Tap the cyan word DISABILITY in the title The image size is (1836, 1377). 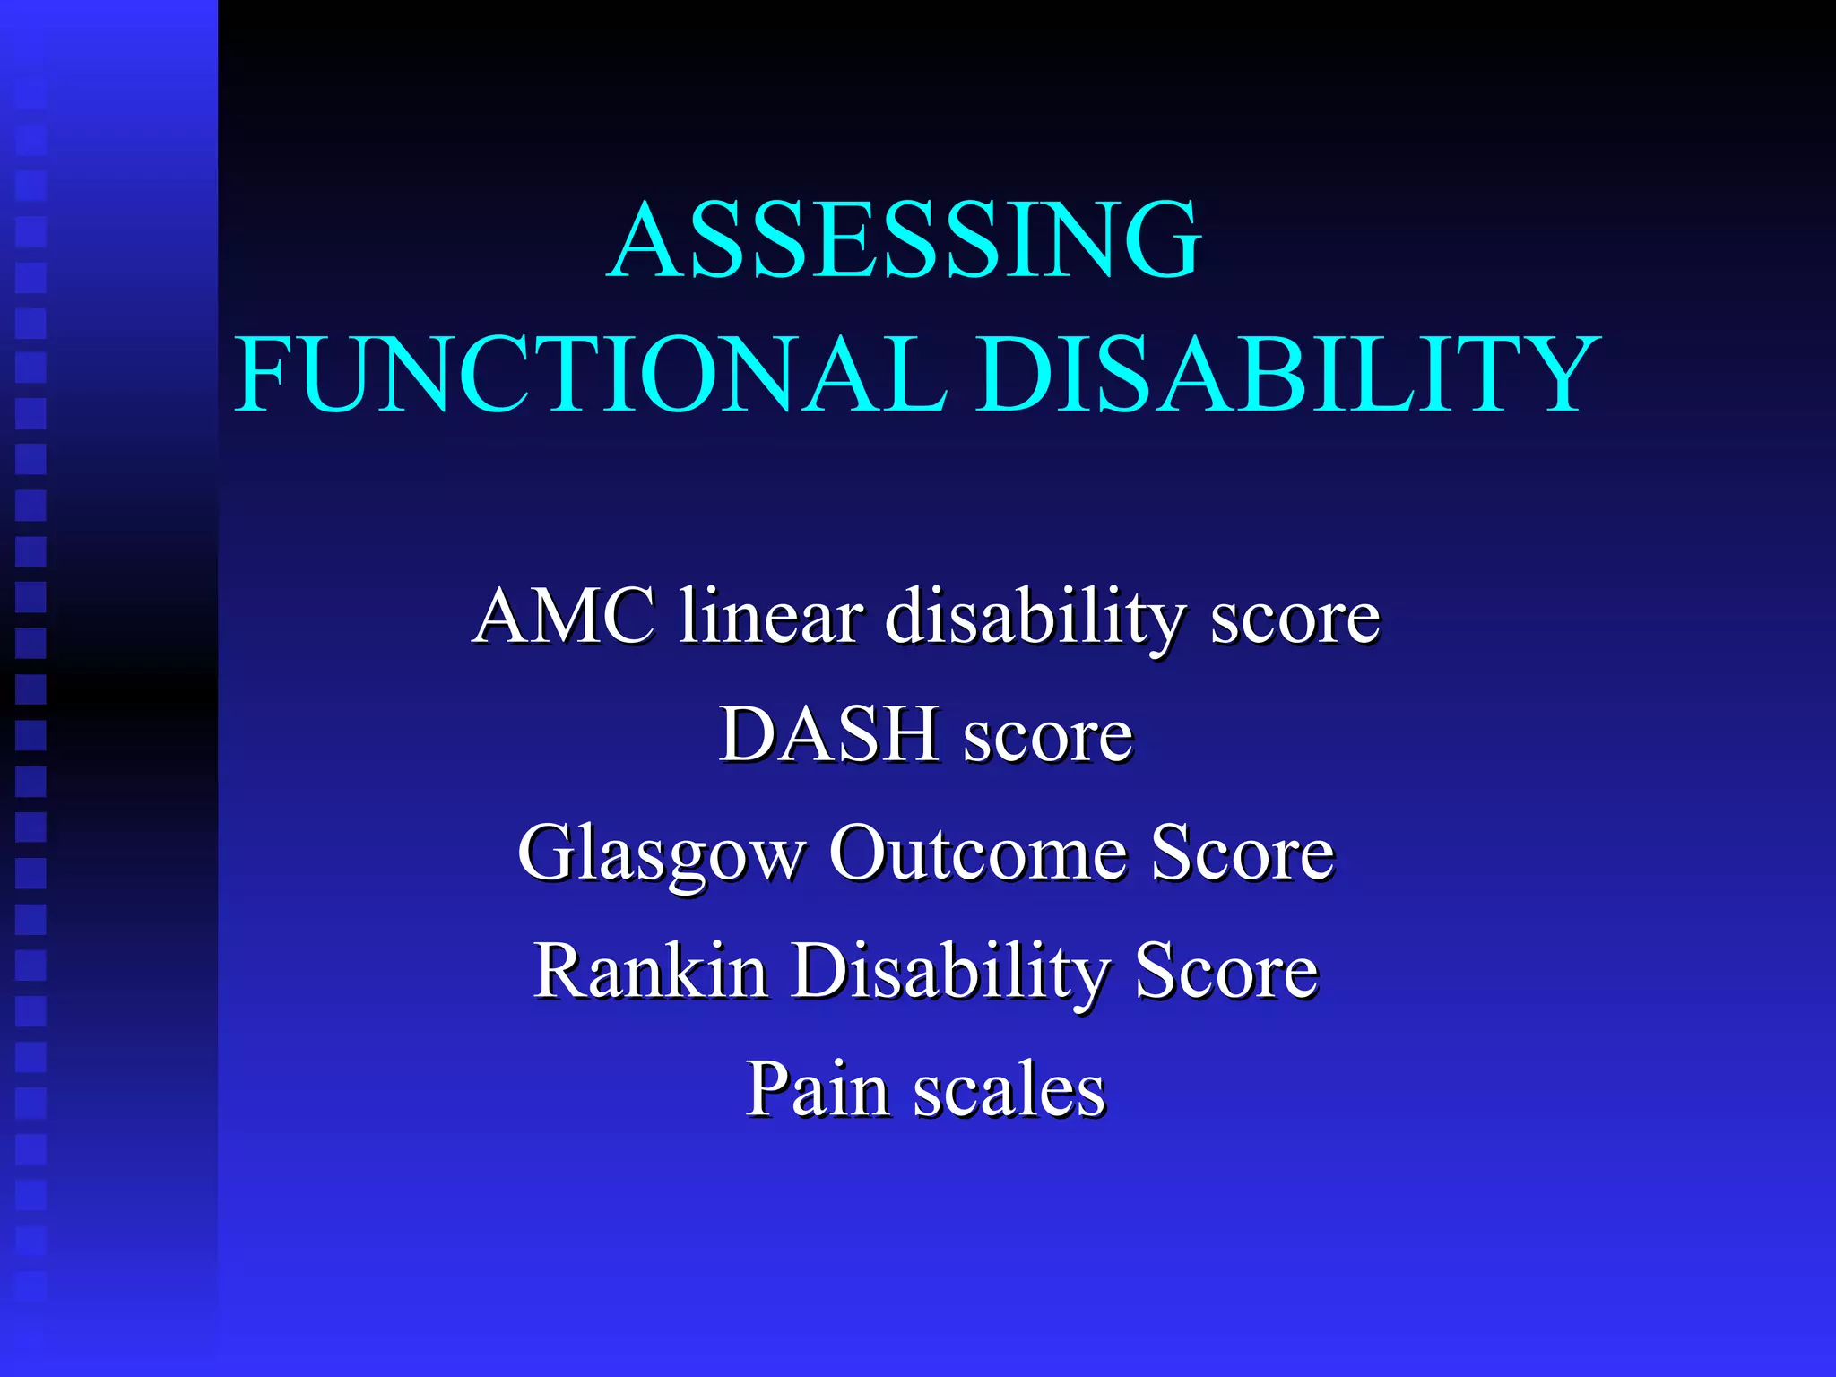point(1287,374)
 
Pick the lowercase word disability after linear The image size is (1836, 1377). point(1035,619)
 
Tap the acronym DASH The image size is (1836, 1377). point(829,734)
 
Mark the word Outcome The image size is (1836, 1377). point(977,853)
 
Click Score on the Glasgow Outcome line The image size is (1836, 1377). point(1243,853)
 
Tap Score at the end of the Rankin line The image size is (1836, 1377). point(1226,971)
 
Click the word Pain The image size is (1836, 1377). point(817,1090)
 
